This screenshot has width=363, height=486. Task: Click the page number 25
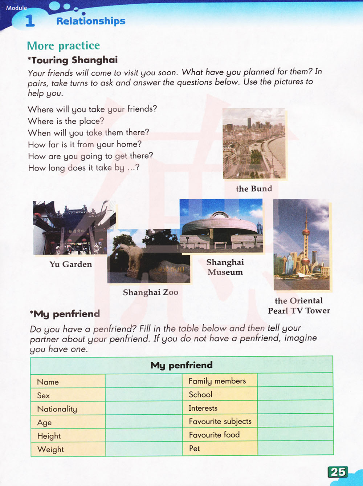tap(338, 472)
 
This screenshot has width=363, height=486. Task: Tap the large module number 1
tap(30, 21)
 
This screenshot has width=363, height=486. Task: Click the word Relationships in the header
tap(91, 21)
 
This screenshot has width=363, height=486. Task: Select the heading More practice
tap(63, 45)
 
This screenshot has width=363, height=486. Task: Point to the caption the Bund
tap(254, 188)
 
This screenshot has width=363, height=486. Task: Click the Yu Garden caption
tap(71, 264)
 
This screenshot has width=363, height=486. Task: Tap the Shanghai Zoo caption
tap(150, 292)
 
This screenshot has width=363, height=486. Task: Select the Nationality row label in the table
tap(57, 409)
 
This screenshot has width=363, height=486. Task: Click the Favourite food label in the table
tap(214, 435)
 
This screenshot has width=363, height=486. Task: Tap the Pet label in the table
tap(195, 449)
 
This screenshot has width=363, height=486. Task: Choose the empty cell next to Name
tap(143, 381)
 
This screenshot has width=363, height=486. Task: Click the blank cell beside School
tap(295, 394)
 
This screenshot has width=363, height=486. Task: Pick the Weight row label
tap(50, 449)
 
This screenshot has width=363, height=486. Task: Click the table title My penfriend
tap(181, 365)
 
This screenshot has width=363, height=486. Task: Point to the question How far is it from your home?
tap(85, 144)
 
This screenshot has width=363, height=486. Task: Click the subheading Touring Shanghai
tap(74, 60)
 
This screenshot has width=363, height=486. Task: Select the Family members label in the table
tap(217, 381)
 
